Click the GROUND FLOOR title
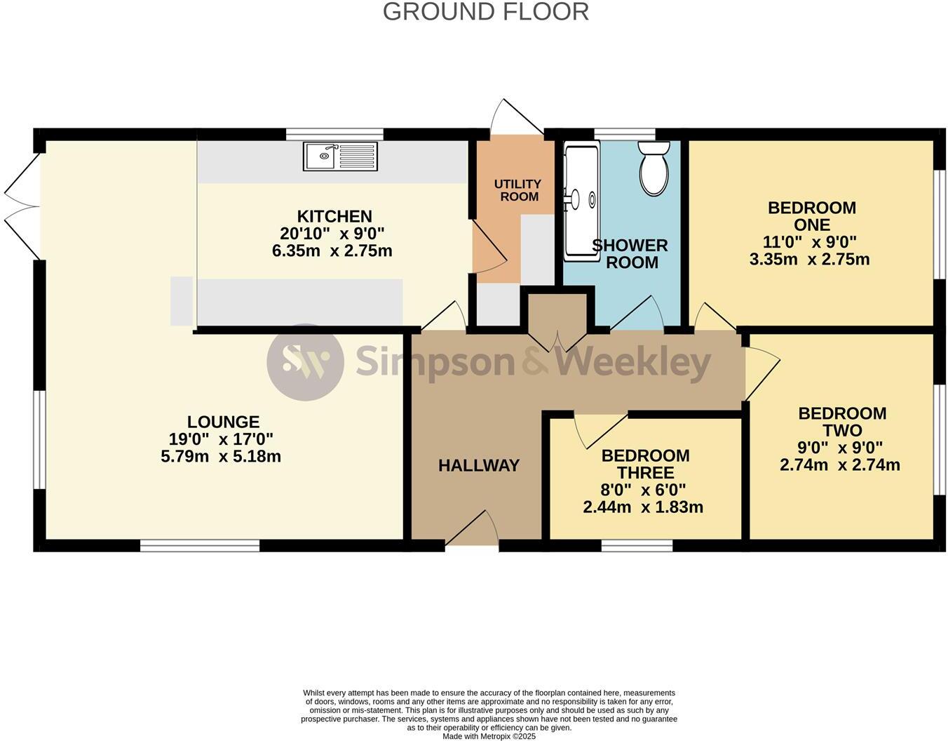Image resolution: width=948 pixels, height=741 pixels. tap(485, 12)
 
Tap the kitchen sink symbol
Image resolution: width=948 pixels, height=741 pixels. tap(340, 156)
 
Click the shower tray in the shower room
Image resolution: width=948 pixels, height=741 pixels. tap(581, 200)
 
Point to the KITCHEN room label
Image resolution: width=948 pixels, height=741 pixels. tap(334, 216)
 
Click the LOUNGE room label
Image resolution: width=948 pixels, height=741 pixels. tap(223, 422)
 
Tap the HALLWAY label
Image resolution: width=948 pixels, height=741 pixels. tap(479, 465)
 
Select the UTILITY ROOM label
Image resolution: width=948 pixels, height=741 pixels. tap(519, 190)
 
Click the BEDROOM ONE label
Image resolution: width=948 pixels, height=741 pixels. tap(811, 216)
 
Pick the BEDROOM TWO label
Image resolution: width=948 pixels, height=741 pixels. tap(841, 422)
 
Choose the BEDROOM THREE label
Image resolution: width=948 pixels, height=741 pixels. tap(645, 464)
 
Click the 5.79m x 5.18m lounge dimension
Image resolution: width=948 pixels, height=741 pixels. tap(221, 456)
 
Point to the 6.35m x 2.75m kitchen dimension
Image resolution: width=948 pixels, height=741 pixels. tap(332, 251)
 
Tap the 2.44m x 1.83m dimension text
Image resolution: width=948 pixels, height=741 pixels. tap(643, 507)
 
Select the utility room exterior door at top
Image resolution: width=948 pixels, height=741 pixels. tap(517, 116)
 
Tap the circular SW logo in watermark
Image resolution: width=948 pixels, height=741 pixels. tap(305, 362)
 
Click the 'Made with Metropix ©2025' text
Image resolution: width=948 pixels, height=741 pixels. tap(489, 736)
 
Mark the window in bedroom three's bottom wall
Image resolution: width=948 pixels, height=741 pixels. tap(637, 545)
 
